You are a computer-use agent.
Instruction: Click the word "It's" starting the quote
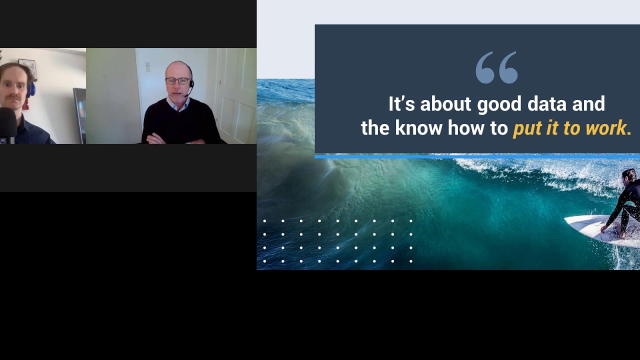[x=402, y=104]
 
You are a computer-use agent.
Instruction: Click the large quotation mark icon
[x=496, y=67]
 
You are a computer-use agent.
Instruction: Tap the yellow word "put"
[x=527, y=129]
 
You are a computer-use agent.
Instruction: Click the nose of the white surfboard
[x=570, y=220]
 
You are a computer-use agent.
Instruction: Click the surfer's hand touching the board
[x=604, y=229]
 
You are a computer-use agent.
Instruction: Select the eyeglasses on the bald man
[x=177, y=80]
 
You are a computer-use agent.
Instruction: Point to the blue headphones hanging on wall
[x=31, y=89]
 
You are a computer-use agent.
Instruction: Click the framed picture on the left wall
[x=27, y=67]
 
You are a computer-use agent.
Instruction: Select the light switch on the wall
[x=147, y=66]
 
